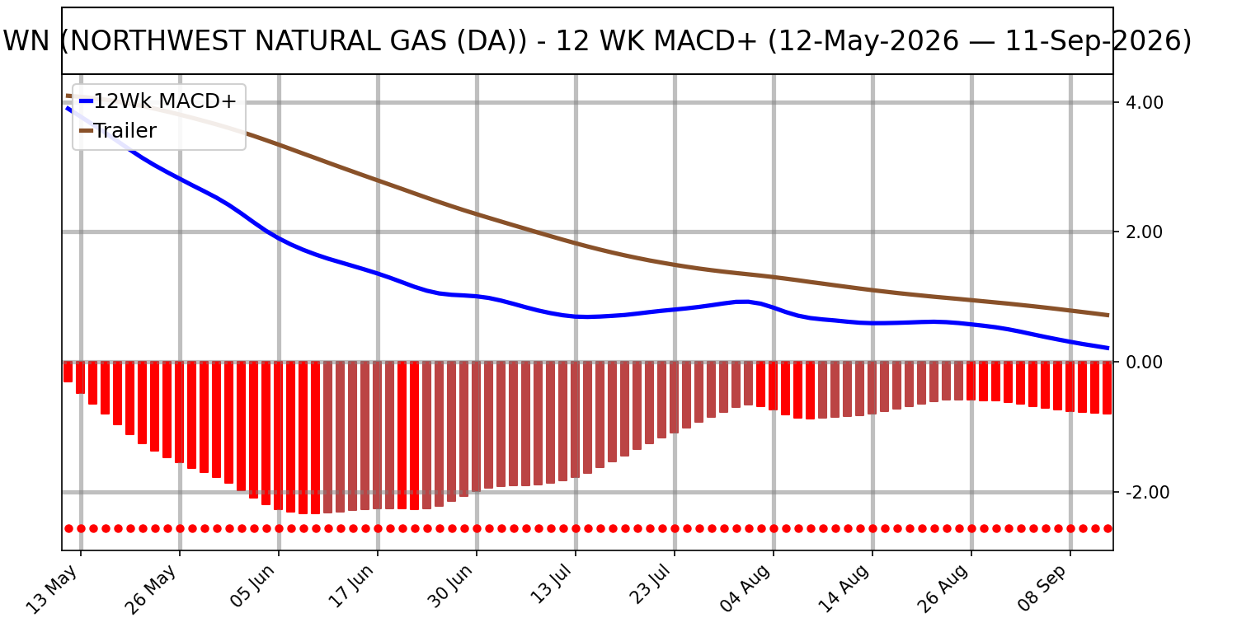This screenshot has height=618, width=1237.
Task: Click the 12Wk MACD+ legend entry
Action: (158, 101)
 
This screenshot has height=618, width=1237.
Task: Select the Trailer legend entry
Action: (118, 131)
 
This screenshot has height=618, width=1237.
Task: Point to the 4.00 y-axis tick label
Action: (1145, 103)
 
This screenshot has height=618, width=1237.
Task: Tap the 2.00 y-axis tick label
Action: (1145, 232)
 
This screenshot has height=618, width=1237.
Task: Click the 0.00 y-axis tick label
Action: (1145, 363)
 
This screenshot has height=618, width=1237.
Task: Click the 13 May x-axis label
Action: (53, 589)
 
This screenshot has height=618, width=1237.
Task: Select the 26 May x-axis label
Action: (152, 589)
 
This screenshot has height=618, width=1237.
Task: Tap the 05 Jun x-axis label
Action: (252, 587)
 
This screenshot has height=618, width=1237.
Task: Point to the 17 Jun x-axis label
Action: (350, 587)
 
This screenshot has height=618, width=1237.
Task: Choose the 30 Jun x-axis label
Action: (450, 587)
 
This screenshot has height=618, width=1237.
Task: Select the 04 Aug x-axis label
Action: (745, 589)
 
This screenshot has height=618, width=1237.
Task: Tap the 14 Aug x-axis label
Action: (844, 589)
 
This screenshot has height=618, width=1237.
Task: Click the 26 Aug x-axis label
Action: (943, 589)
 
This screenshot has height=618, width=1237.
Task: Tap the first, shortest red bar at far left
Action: (68, 372)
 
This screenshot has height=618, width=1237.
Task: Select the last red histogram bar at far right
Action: (1107, 388)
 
